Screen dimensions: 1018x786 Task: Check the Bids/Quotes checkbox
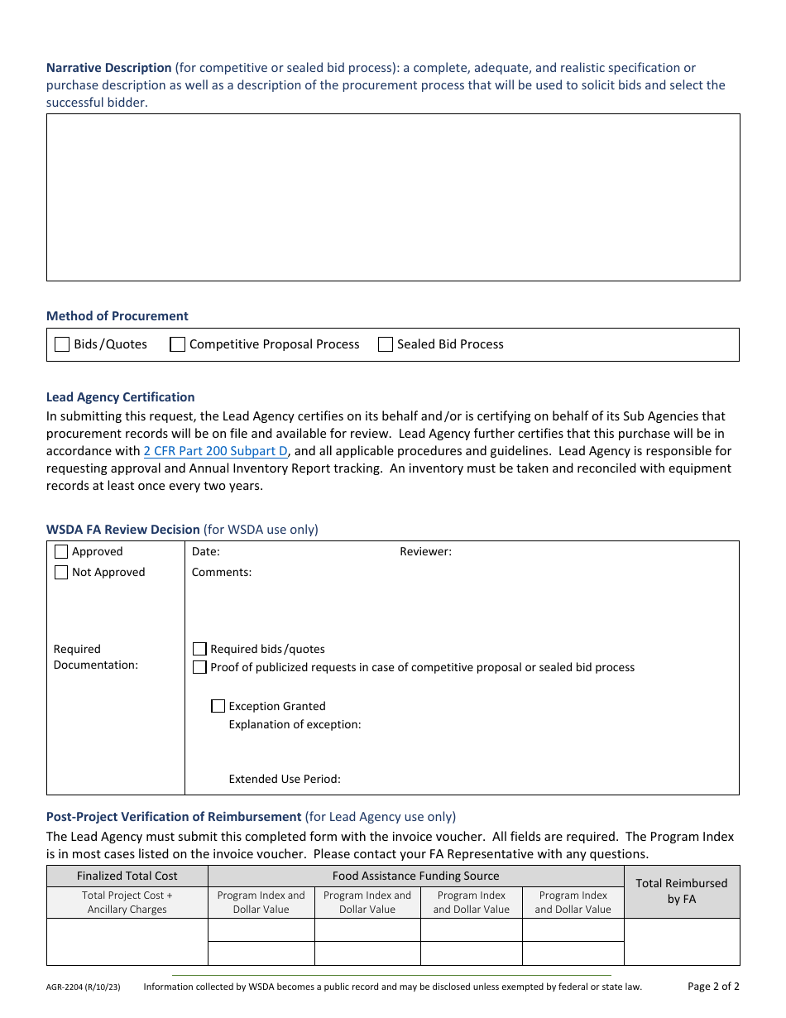click(62, 344)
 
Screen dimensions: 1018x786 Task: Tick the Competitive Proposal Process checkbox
click(177, 344)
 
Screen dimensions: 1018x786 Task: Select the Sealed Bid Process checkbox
click(386, 344)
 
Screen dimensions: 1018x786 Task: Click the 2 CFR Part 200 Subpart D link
click(216, 451)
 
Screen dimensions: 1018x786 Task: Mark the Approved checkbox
click(61, 552)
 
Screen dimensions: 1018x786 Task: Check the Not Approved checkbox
click(61, 573)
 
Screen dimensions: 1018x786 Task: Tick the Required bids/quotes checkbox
click(199, 649)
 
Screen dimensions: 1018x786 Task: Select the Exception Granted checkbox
click(218, 706)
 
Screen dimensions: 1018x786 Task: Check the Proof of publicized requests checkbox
click(199, 667)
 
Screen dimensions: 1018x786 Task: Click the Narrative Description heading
click(108, 68)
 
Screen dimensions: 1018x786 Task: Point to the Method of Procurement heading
click(117, 316)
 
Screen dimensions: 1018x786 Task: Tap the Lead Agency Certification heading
click(121, 397)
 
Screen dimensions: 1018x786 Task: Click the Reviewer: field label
click(425, 552)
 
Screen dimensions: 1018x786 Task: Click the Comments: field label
click(222, 573)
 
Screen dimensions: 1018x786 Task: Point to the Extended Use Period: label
click(285, 779)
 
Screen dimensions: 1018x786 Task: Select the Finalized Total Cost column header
click(127, 876)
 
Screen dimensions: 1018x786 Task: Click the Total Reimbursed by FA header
click(681, 891)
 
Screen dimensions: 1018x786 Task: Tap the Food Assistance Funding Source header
click(415, 876)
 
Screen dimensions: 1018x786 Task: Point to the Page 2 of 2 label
click(713, 986)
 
